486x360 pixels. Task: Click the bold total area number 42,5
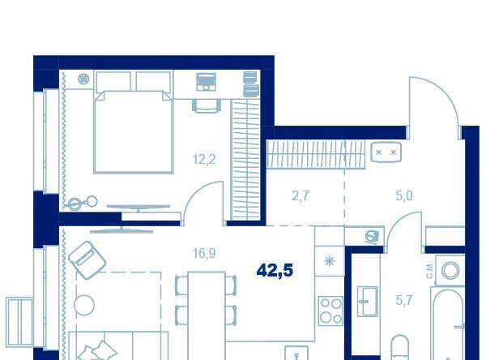tap(275, 270)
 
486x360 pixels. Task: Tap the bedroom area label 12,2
tap(204, 160)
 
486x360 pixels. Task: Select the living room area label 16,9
tap(204, 254)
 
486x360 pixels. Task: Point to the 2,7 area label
tap(301, 196)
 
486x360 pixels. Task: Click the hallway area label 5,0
tap(404, 196)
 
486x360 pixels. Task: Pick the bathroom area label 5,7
tap(404, 300)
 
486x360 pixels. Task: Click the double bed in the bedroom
tap(134, 131)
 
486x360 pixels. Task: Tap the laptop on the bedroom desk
tap(206, 82)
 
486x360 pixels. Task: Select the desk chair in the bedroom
tap(206, 105)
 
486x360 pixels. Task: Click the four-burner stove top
tap(330, 311)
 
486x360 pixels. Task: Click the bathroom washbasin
tap(368, 302)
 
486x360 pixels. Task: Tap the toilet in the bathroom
tap(400, 348)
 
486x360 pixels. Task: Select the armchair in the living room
tap(87, 259)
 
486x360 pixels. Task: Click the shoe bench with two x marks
tap(386, 152)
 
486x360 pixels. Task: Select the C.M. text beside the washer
tap(429, 270)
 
